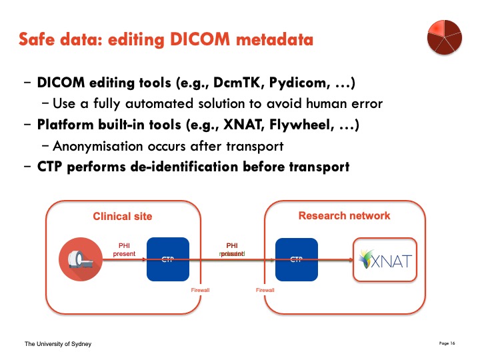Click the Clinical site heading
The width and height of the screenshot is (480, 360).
123,216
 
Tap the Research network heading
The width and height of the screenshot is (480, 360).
344,215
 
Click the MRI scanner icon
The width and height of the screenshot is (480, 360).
80,259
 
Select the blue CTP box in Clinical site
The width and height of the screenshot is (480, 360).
167,259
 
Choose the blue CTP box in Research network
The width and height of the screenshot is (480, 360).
297,259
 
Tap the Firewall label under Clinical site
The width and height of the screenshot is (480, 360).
201,290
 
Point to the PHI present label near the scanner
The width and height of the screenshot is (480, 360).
123,249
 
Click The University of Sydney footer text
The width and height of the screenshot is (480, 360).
57,344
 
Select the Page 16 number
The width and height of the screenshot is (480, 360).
447,343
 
